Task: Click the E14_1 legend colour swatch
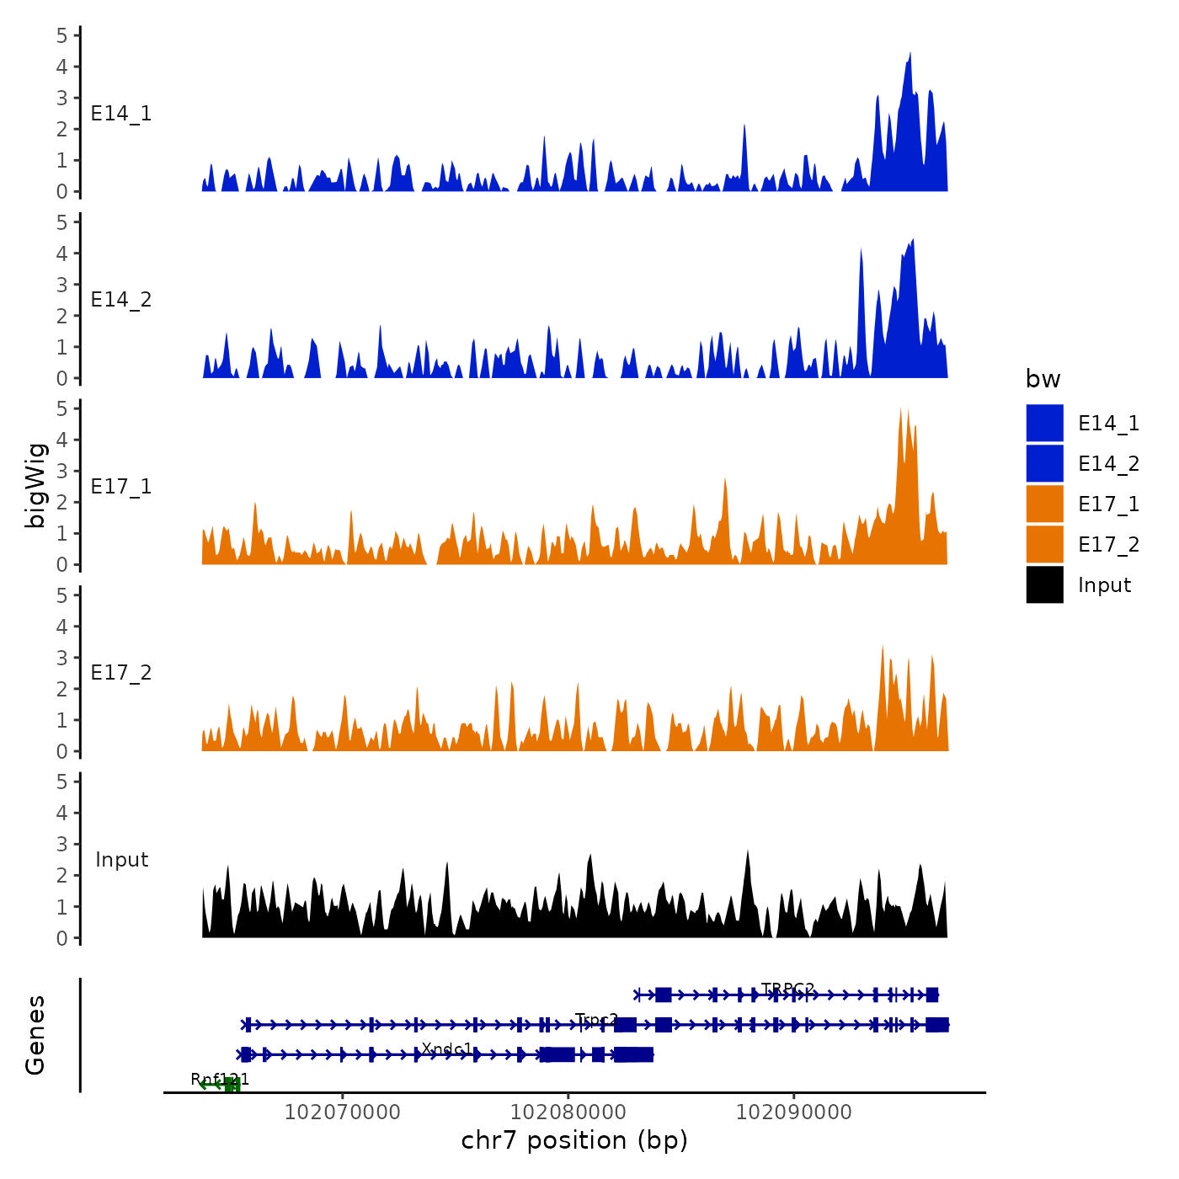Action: (1044, 423)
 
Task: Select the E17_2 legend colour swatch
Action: (1044, 544)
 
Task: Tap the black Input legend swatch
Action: (1044, 584)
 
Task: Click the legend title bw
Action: (1043, 379)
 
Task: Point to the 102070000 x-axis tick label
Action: (342, 1112)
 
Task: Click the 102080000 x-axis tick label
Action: (568, 1112)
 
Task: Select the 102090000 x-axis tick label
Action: (793, 1112)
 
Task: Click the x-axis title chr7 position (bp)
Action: (574, 1140)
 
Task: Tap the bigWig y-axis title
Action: (35, 485)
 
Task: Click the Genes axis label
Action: (35, 1035)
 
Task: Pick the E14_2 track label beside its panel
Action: (121, 300)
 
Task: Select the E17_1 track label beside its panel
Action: (121, 487)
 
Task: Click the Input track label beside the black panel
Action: (121, 860)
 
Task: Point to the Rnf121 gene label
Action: (220, 1080)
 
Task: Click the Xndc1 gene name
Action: (447, 1049)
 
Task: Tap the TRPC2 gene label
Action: (787, 989)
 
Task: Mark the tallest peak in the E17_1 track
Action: (900, 410)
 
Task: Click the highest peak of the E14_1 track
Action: (910, 54)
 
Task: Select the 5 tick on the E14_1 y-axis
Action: (62, 35)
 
